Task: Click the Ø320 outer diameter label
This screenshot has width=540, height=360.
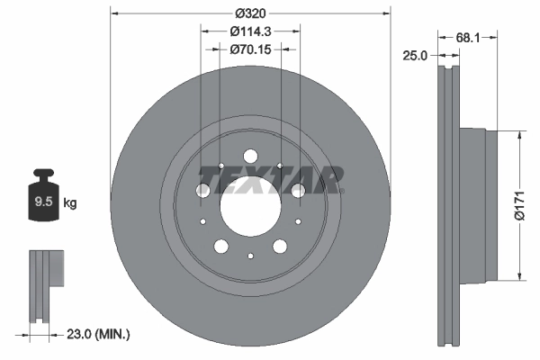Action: pyautogui.click(x=250, y=13)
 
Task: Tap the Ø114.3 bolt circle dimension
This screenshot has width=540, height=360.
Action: pyautogui.click(x=251, y=31)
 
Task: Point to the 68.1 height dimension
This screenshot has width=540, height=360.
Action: pyautogui.click(x=466, y=37)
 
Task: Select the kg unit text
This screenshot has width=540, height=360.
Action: pyautogui.click(x=70, y=203)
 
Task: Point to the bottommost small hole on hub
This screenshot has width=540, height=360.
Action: pyautogui.click(x=250, y=255)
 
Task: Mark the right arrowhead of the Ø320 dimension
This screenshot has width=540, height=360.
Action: pyautogui.click(x=388, y=13)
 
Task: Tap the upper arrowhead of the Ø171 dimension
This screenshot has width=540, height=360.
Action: pyautogui.click(x=519, y=133)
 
